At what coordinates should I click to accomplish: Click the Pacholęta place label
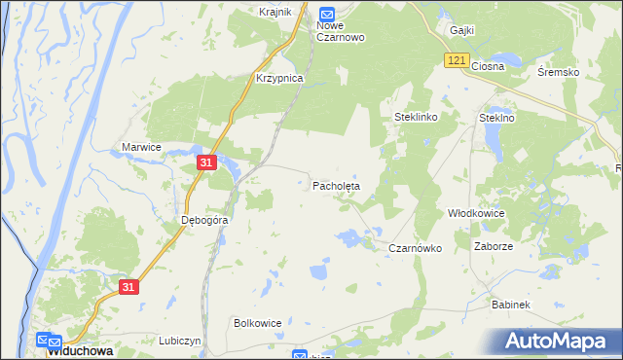tap(336, 185)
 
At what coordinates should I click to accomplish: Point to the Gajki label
tap(461, 30)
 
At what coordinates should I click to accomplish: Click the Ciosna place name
tap(488, 66)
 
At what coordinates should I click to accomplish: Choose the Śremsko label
tap(559, 73)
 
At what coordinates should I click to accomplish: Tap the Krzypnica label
tap(279, 78)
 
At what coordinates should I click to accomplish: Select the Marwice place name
tap(141, 147)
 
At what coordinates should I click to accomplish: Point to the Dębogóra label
tap(204, 220)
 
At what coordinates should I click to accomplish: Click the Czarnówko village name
tap(416, 248)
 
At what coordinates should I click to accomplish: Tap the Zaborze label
tap(494, 247)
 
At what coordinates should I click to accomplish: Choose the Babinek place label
tap(510, 305)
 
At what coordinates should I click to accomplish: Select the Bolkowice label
tap(258, 323)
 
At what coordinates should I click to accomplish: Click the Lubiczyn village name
tap(179, 342)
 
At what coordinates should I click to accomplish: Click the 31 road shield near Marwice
tap(205, 162)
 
